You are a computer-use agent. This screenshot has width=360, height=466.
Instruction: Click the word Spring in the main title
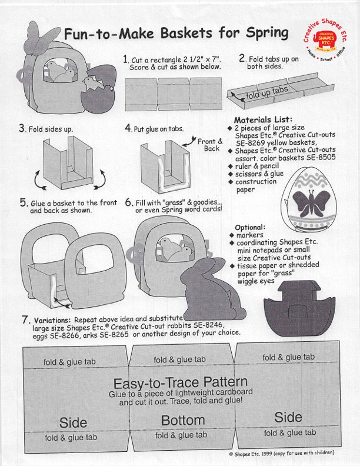tap(262, 33)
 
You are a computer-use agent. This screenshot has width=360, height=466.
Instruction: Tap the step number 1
tap(125, 59)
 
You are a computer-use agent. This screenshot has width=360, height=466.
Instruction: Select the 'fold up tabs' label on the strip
tap(267, 92)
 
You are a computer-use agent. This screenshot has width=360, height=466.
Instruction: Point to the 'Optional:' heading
tap(251, 227)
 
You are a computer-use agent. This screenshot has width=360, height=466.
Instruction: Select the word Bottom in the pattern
tap(183, 421)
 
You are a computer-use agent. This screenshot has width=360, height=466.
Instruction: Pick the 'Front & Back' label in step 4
tap(209, 145)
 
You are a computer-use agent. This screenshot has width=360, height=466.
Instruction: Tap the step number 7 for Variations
tap(25, 320)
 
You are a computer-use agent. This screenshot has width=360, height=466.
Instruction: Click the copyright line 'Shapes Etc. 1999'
tap(282, 453)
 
